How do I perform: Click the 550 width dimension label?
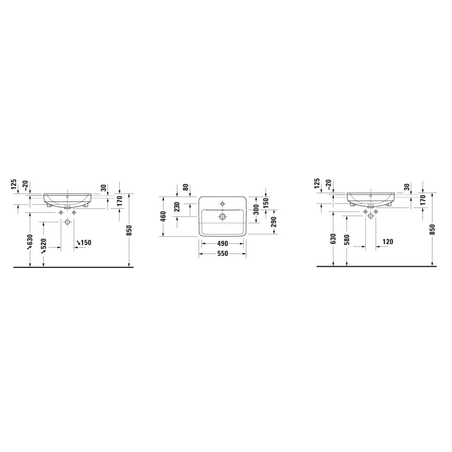222,253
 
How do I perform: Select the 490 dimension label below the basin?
222,244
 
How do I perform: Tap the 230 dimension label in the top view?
177,207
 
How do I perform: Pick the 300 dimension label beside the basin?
256,209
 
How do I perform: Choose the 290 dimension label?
273,221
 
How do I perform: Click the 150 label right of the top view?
266,203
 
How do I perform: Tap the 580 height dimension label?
347,240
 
